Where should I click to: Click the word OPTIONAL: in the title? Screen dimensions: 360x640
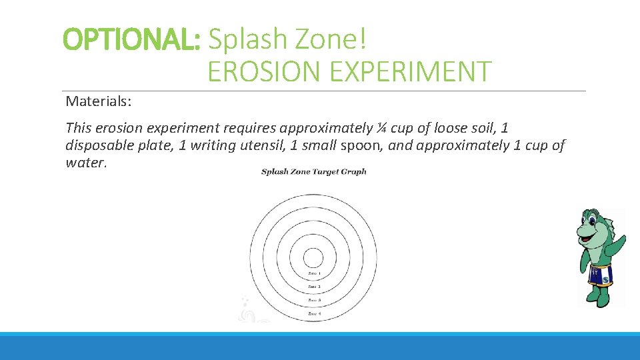pyautogui.click(x=131, y=41)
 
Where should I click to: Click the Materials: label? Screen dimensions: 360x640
pyautogui.click(x=99, y=101)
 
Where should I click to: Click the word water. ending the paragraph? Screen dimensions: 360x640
pyautogui.click(x=86, y=163)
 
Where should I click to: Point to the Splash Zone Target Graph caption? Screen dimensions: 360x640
pyautogui.click(x=313, y=172)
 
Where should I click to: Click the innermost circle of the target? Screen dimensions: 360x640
pyautogui.click(x=313, y=258)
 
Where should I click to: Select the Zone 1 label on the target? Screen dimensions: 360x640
pyautogui.click(x=313, y=273)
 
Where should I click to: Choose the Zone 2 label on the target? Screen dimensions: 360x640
pyautogui.click(x=313, y=287)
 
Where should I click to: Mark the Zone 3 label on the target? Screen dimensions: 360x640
pyautogui.click(x=313, y=300)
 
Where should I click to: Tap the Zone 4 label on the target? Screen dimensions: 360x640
pyautogui.click(x=313, y=313)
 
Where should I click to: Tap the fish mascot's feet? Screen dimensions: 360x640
pyautogui.click(x=598, y=299)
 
